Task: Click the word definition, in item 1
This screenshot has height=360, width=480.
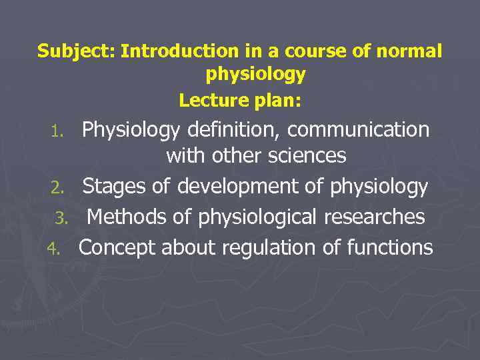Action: click(234, 129)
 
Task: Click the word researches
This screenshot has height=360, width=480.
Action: click(375, 217)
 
